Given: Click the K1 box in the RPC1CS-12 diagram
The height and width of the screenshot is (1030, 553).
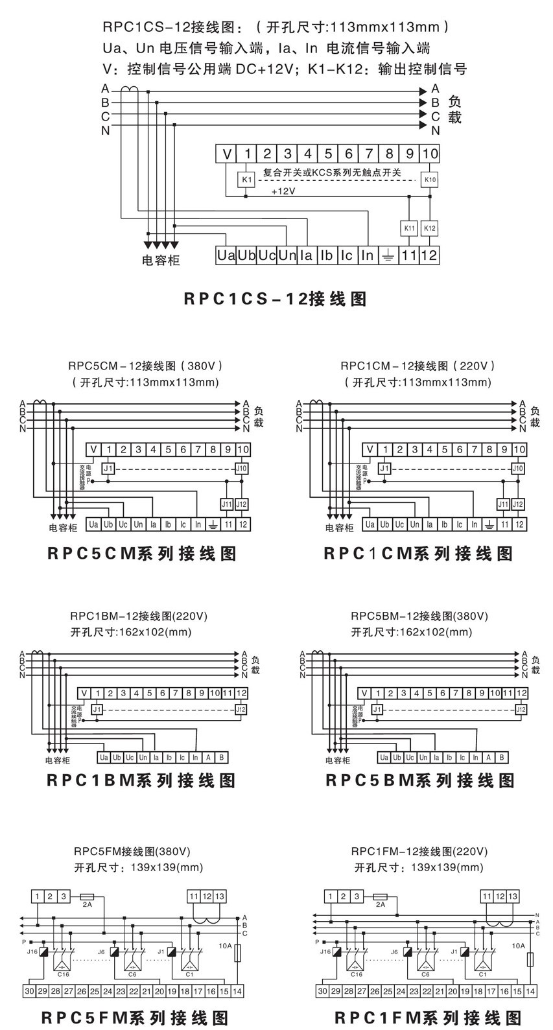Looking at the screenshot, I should (246, 179).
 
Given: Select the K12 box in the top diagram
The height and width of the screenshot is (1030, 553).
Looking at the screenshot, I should (429, 228).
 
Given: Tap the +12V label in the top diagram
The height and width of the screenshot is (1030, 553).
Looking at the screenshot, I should (283, 192).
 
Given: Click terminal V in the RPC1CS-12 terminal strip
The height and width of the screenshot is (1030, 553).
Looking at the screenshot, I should (226, 154).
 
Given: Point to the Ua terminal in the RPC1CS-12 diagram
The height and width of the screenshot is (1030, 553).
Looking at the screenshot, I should (226, 255).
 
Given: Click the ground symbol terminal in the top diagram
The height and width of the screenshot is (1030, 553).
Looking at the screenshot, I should (388, 255).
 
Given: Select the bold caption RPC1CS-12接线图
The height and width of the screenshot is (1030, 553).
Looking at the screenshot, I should (276, 299).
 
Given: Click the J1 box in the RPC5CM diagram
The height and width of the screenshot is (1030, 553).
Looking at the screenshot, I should (109, 469).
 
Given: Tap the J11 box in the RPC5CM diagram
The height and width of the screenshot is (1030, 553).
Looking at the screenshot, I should (227, 504).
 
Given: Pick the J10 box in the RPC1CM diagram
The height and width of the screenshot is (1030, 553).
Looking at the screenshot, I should (517, 469).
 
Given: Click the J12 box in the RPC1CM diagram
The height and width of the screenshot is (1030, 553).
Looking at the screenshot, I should (517, 504).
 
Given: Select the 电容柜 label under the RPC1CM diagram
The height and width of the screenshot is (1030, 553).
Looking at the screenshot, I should (340, 528).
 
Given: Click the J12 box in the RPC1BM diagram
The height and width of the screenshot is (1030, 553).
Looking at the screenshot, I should (241, 710).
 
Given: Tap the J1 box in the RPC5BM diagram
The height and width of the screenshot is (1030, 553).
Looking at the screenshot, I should (377, 710).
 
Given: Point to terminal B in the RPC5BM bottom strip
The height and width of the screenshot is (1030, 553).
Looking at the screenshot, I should (502, 757).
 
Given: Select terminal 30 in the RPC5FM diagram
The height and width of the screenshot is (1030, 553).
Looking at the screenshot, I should (29, 991).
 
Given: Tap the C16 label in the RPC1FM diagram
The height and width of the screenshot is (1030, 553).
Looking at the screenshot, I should (356, 974).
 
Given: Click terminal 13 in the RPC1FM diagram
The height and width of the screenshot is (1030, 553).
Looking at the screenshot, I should (513, 896).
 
